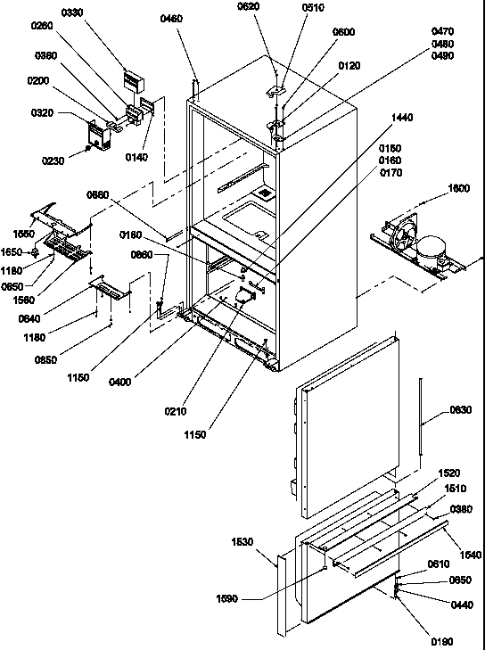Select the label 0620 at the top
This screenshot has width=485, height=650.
[x=249, y=7]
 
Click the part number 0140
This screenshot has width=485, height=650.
[x=137, y=158]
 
